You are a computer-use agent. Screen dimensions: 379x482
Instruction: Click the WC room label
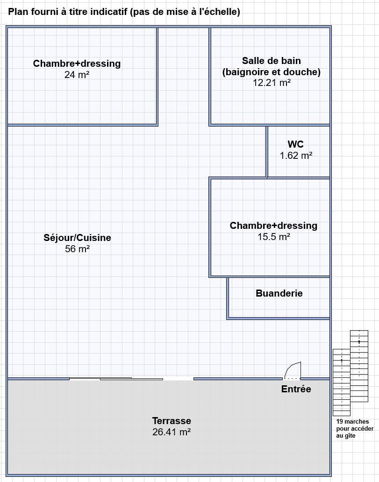296,144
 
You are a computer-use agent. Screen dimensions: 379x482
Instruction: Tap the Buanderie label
279,293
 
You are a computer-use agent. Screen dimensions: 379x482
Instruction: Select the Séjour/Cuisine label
77,238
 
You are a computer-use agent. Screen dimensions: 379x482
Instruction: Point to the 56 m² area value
77,248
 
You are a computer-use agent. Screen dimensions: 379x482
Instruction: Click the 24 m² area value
77,74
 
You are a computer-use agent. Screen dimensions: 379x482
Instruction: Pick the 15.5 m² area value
274,237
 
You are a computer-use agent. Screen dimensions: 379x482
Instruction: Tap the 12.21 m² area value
272,83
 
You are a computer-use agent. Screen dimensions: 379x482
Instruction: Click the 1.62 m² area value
296,156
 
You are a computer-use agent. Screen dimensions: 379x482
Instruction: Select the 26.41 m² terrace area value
172,432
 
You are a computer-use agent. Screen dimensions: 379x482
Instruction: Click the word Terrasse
172,421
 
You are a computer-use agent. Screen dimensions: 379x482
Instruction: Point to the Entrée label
296,389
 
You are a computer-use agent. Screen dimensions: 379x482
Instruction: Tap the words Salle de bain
272,61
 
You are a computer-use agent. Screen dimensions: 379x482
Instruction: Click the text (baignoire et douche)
272,72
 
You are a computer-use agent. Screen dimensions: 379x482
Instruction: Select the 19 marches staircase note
355,428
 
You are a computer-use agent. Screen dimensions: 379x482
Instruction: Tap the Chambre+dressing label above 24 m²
77,64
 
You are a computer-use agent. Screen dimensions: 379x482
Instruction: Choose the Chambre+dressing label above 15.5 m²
273,226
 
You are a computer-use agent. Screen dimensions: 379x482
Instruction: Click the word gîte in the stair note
350,436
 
